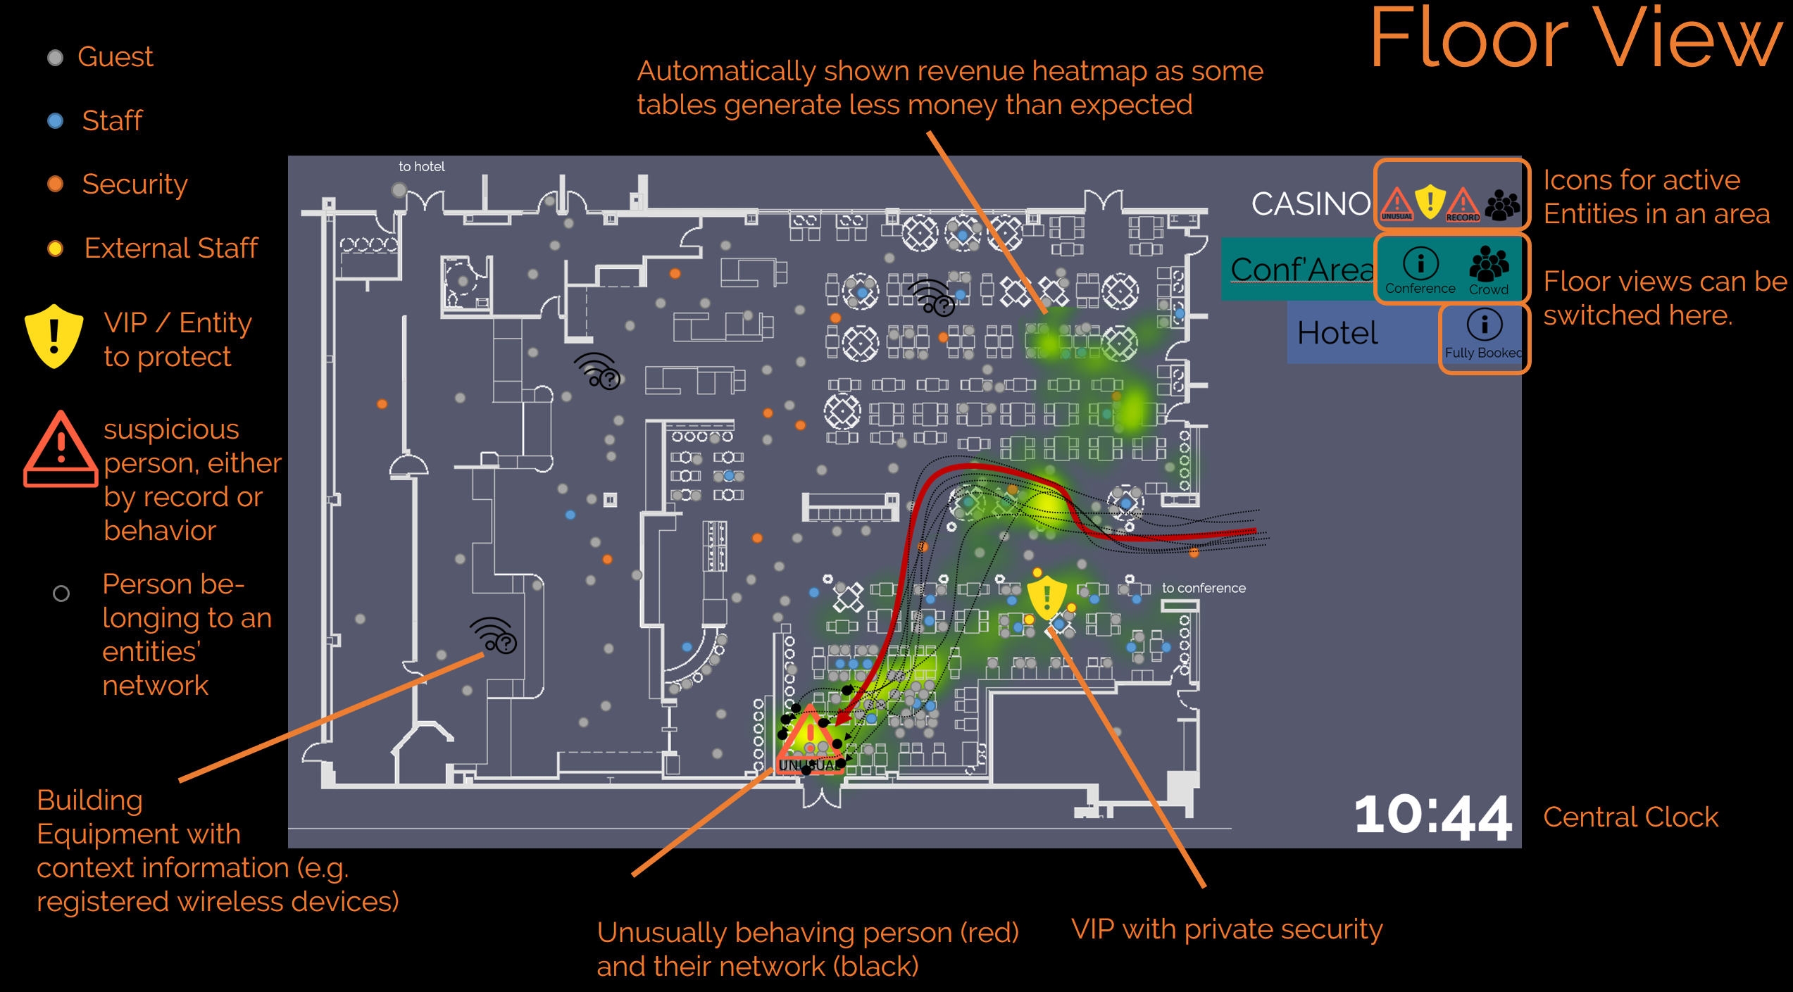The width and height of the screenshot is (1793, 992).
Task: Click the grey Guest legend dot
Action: pyautogui.click(x=55, y=58)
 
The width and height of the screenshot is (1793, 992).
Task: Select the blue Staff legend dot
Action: pyautogui.click(x=55, y=121)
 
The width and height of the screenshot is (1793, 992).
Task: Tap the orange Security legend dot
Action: pyautogui.click(x=55, y=184)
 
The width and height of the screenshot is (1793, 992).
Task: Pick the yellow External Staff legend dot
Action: pyautogui.click(x=55, y=249)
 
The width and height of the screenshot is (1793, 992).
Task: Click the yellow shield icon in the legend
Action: pyautogui.click(x=54, y=337)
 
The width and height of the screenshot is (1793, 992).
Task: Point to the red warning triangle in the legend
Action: pyautogui.click(x=61, y=451)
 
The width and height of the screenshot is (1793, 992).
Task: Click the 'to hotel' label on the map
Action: pyautogui.click(x=421, y=167)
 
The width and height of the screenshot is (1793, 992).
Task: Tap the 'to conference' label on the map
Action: pyautogui.click(x=1204, y=588)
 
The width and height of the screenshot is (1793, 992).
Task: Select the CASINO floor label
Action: pyautogui.click(x=1310, y=204)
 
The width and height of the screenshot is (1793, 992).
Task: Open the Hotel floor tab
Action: pyautogui.click(x=1337, y=333)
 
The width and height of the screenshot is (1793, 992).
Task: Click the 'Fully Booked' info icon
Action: pyautogui.click(x=1485, y=325)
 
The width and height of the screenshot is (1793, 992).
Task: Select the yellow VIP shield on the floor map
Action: pyautogui.click(x=1047, y=598)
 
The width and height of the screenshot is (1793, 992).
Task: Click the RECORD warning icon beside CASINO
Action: pyautogui.click(x=1463, y=204)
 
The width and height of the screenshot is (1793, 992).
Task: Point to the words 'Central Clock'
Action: pyautogui.click(x=1630, y=817)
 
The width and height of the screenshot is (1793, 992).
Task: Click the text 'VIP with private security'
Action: pyautogui.click(x=1227, y=929)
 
